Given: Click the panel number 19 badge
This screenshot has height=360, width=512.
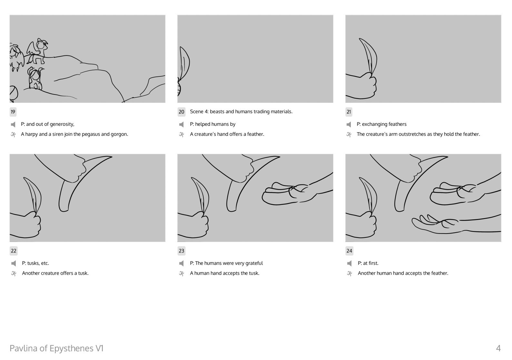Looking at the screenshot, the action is pos(13,112).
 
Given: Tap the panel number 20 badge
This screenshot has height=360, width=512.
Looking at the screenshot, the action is pos(181,112).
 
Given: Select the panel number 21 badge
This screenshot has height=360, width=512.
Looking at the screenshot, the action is pos(349,112).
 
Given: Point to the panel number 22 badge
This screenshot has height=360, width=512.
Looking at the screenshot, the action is pos(14,251).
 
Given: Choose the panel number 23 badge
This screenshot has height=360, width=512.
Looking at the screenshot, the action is pos(182,251).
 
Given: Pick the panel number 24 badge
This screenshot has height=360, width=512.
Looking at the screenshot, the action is pos(349,251).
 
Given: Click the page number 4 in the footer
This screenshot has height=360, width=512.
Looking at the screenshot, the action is pos(498,348).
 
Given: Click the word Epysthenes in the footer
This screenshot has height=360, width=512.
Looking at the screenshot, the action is pos(71,349).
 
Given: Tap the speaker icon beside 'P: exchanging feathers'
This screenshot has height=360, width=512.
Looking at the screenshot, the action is pos(349,125).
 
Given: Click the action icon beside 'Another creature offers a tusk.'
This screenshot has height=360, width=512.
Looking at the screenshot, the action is pos(14,273).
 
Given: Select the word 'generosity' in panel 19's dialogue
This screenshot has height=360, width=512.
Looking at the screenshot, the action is pos(62,124).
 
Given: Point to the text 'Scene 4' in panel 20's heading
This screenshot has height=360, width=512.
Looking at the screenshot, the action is pos(199,112).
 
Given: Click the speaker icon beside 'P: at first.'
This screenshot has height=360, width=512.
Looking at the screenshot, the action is pos(349,264).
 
